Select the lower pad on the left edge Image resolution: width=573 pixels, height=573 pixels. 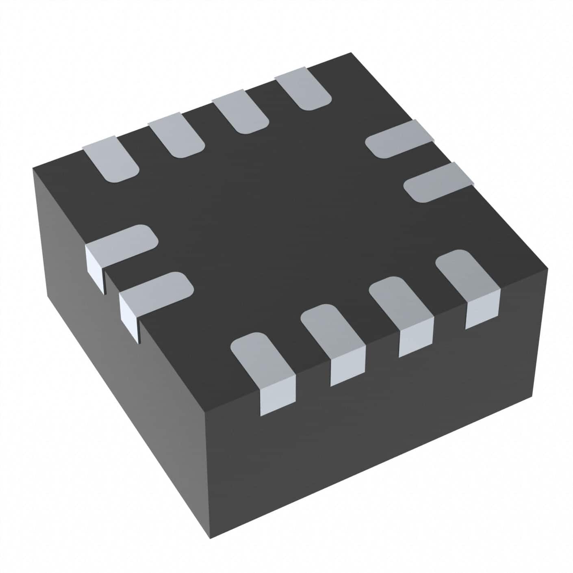click(157, 289)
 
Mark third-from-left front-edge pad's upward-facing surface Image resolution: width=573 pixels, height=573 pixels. click(401, 305)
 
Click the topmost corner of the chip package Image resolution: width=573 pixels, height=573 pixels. click(350, 53)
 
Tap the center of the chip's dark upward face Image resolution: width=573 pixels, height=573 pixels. click(284, 228)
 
